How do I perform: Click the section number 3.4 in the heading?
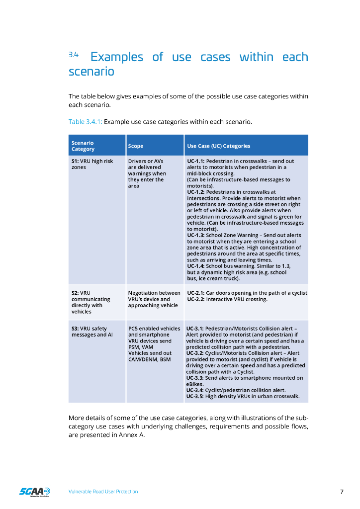(x=74, y=55)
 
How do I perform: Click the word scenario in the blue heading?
(x=91, y=72)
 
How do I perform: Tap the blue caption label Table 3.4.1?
(x=85, y=121)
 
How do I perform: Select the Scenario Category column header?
(x=83, y=146)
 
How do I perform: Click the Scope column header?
(x=135, y=146)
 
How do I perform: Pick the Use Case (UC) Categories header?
(x=218, y=146)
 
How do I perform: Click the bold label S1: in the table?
(x=75, y=161)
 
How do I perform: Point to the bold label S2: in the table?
(x=75, y=293)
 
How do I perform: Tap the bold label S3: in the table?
(x=75, y=329)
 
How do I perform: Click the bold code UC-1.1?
(x=196, y=161)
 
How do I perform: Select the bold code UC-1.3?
(x=196, y=235)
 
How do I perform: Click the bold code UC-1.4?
(x=196, y=266)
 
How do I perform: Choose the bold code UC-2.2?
(x=196, y=299)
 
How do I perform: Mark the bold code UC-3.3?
(x=195, y=378)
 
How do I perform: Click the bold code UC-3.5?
(x=195, y=396)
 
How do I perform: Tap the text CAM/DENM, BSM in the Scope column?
(x=149, y=359)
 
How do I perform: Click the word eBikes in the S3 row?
(x=194, y=384)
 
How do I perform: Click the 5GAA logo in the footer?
(x=34, y=492)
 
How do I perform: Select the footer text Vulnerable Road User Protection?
(x=103, y=492)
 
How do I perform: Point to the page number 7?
(x=342, y=492)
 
